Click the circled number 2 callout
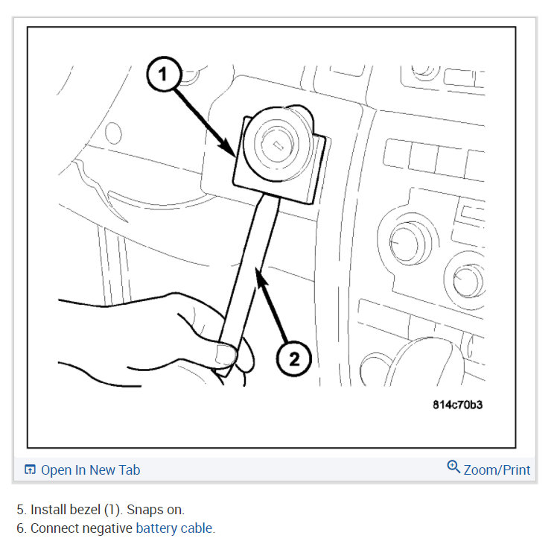(294, 359)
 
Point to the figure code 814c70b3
(461, 405)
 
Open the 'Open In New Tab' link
(90, 469)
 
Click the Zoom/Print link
(497, 469)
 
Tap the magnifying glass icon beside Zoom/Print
(453, 467)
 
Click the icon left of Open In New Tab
(30, 469)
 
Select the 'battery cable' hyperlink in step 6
(174, 528)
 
